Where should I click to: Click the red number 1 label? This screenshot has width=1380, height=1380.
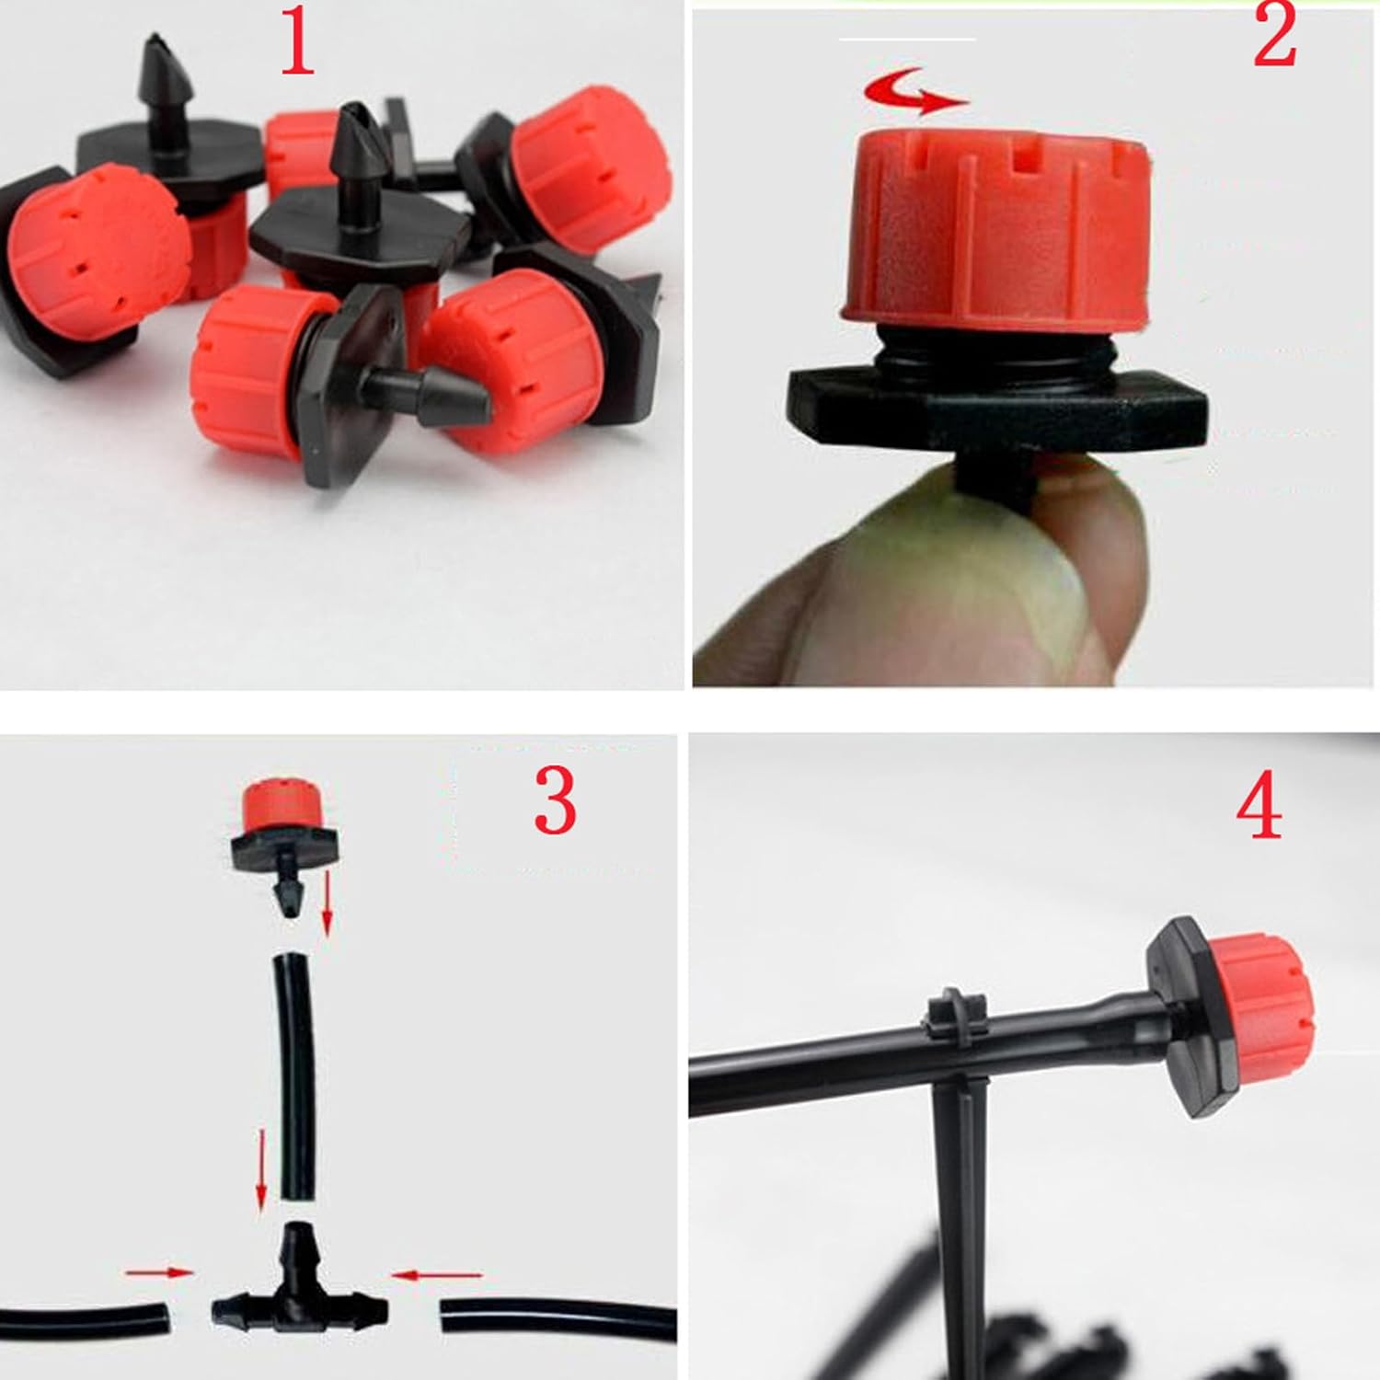(x=297, y=41)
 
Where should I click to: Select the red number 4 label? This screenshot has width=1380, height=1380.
(x=1259, y=807)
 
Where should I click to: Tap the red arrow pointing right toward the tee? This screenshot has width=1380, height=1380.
(x=159, y=1272)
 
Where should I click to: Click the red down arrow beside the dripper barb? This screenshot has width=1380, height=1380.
(x=327, y=907)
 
